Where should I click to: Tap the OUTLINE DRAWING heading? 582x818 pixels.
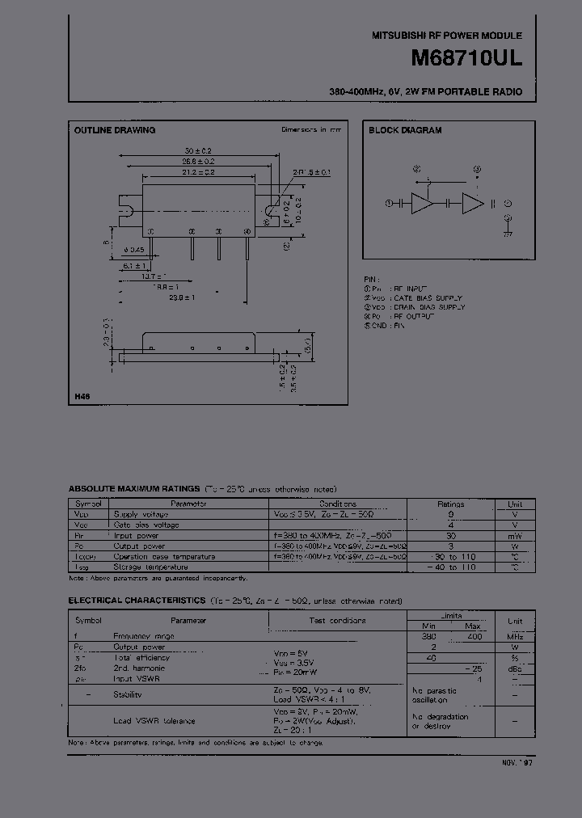(115, 130)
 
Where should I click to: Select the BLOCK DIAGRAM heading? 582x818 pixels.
(405, 130)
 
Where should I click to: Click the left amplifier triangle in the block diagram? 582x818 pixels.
(423, 204)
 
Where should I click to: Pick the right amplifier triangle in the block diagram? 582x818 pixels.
(472, 204)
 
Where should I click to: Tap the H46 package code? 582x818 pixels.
(82, 396)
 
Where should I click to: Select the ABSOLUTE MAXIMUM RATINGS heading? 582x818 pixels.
(134, 489)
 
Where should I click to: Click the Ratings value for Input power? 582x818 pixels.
(450, 535)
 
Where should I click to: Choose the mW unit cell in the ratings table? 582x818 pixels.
(514, 535)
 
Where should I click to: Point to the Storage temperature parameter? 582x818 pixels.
(151, 567)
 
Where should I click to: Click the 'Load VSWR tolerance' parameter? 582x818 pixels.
(154, 720)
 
